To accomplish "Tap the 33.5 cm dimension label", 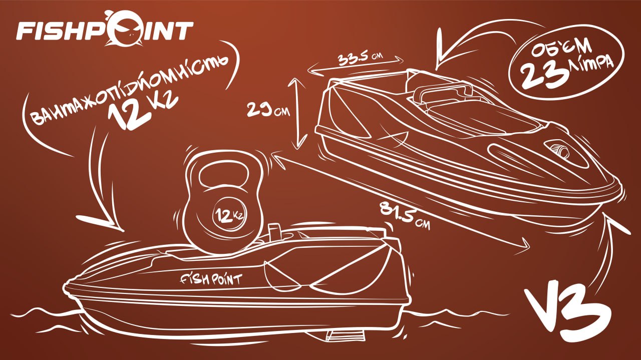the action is pos(360,59).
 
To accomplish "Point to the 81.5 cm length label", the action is pos(405,216).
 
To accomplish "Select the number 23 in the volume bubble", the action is pos(543,75).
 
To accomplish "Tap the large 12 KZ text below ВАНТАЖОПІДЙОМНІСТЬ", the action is pos(143,111).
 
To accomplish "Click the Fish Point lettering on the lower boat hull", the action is pos(211,279).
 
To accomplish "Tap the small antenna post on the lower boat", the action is pos(275,232).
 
